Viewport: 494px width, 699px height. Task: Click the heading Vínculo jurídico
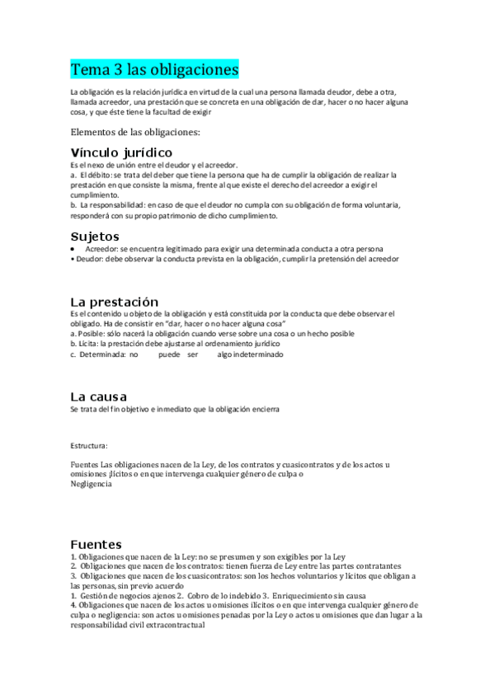pos(121,152)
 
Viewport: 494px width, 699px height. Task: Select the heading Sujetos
pos(96,237)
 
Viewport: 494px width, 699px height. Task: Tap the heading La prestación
pos(114,302)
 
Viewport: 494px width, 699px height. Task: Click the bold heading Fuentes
pos(96,545)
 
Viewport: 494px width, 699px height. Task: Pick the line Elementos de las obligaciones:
pos(134,131)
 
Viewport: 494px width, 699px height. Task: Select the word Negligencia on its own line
pos(91,484)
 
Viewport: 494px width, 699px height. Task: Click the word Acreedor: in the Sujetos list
pos(103,249)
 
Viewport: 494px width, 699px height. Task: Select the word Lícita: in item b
pos(87,344)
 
